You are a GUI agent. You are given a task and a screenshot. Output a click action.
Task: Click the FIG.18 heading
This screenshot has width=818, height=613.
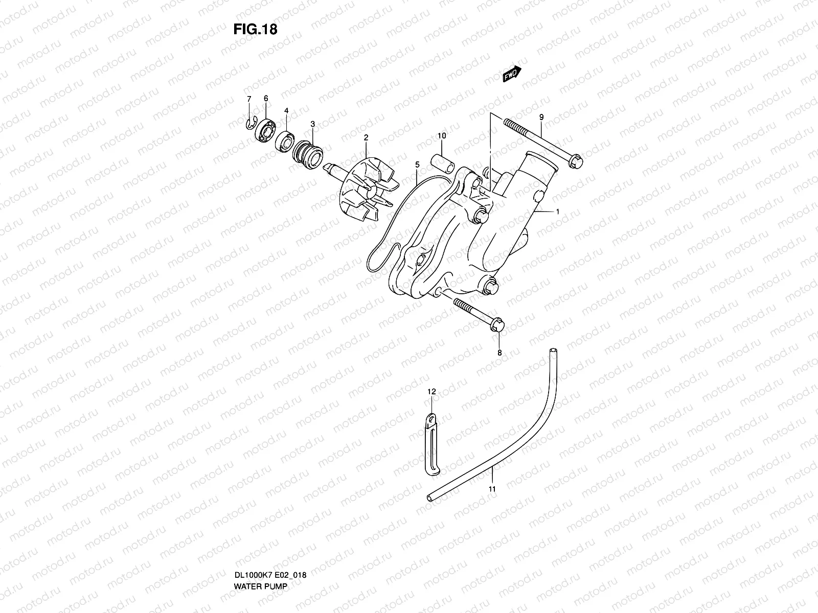pyautogui.click(x=255, y=29)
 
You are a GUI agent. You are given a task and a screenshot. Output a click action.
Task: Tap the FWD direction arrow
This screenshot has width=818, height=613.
pyautogui.click(x=511, y=75)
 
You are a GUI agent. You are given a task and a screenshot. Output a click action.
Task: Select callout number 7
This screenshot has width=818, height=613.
pyautogui.click(x=249, y=99)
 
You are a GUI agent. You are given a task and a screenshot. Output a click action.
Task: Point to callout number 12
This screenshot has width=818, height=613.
pyautogui.click(x=431, y=392)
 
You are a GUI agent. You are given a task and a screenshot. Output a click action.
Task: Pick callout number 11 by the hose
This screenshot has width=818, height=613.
pyautogui.click(x=492, y=489)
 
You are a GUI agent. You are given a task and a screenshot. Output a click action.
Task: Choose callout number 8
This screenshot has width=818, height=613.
pyautogui.click(x=499, y=352)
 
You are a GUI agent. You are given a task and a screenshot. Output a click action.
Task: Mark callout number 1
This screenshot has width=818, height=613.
pyautogui.click(x=557, y=211)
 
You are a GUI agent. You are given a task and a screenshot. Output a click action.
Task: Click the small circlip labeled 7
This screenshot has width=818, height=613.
pyautogui.click(x=249, y=123)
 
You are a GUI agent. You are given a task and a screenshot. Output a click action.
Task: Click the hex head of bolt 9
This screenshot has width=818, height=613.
pyautogui.click(x=576, y=163)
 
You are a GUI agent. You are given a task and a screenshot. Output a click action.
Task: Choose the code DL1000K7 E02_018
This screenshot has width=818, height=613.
pyautogui.click(x=270, y=547)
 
